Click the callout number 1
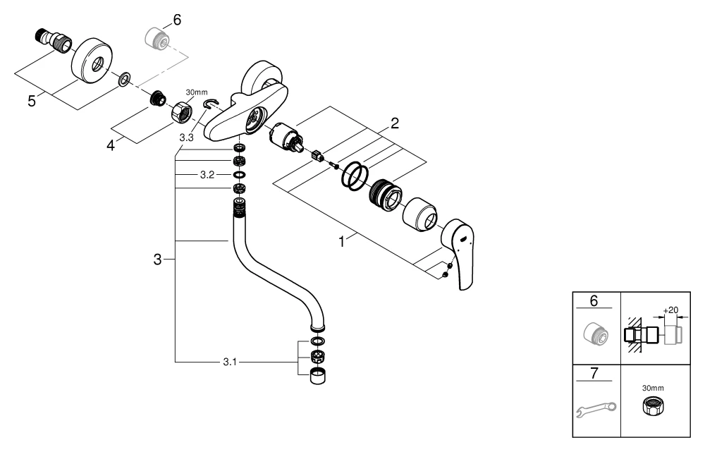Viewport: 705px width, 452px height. click(342, 242)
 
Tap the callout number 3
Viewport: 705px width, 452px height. click(158, 259)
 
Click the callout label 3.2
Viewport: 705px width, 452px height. click(207, 173)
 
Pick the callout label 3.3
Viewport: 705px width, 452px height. click(186, 138)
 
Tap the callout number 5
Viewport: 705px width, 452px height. click(32, 100)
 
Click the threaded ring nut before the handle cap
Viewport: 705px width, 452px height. click(385, 192)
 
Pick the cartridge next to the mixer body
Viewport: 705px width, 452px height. click(287, 137)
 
